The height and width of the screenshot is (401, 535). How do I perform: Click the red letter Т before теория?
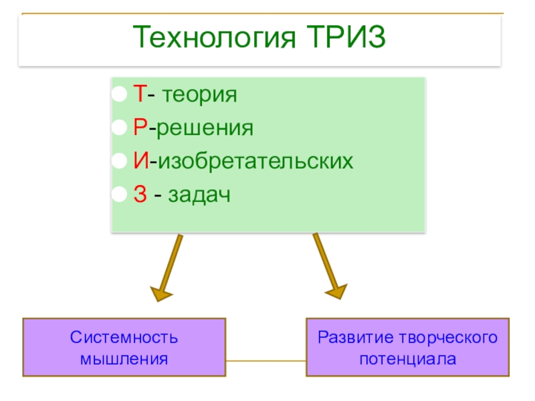click(x=138, y=94)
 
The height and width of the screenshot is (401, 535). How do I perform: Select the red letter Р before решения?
click(x=138, y=128)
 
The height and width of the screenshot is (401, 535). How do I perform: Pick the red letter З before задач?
click(x=138, y=195)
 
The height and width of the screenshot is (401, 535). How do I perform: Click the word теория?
click(x=199, y=95)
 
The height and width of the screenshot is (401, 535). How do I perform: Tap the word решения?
click(x=205, y=128)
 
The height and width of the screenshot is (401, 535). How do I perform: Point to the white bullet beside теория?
click(x=118, y=95)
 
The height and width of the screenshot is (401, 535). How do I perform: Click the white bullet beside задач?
click(x=118, y=196)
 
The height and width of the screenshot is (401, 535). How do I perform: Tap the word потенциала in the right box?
click(x=407, y=359)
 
